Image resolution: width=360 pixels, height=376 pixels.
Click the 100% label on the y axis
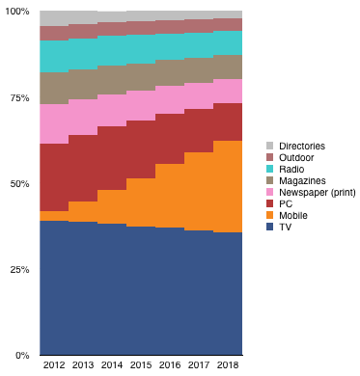point(17,12)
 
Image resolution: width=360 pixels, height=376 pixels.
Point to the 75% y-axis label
point(20,98)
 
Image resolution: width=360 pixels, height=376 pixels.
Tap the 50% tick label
point(20,184)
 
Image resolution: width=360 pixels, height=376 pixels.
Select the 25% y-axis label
point(20,270)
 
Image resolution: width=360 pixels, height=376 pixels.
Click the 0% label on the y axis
point(22,356)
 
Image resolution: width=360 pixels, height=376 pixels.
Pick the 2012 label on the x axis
point(54,365)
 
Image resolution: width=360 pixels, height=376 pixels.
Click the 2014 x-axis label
point(112,365)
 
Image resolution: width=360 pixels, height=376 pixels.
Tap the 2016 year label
point(170,365)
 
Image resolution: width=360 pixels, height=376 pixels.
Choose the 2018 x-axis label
point(228,365)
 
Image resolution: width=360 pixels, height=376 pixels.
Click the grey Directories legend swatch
point(269,146)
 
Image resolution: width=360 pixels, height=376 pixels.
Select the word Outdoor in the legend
point(296,157)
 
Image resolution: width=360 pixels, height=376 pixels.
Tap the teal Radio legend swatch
point(269,169)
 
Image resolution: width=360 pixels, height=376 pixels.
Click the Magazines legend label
point(302,181)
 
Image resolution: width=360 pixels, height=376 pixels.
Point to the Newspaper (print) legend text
point(318,193)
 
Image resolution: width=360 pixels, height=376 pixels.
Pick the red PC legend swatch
point(269,203)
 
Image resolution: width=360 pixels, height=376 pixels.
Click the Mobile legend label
point(293,215)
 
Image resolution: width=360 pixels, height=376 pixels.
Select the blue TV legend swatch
point(269,227)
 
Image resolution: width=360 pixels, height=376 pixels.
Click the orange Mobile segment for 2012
point(54,216)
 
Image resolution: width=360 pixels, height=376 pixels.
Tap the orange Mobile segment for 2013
point(83,212)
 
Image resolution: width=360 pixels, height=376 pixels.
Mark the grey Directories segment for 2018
point(228,14)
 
